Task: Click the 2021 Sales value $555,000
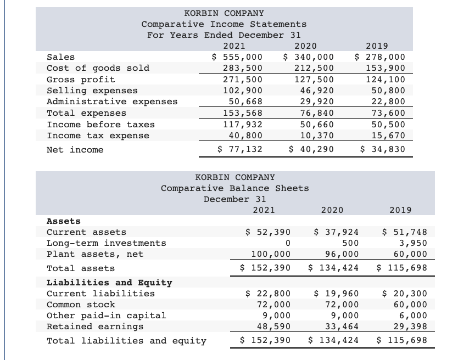click(x=237, y=57)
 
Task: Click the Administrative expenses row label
click(x=112, y=102)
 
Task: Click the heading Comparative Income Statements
click(x=224, y=24)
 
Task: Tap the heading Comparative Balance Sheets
click(x=235, y=188)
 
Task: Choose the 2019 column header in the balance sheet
click(x=400, y=210)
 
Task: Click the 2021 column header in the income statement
click(x=235, y=46)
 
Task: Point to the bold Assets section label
click(x=64, y=221)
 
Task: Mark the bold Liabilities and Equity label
click(x=109, y=283)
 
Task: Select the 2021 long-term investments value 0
click(x=287, y=243)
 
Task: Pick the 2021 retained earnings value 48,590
click(x=273, y=327)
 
